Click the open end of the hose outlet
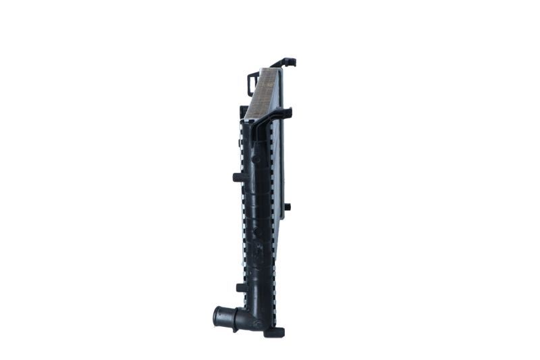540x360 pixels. [217, 315]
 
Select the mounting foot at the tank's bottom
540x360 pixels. [274, 332]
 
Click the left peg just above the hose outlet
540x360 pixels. [240, 287]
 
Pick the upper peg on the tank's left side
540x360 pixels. [239, 178]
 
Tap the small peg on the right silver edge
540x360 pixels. [287, 207]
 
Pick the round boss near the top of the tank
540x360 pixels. [256, 160]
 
